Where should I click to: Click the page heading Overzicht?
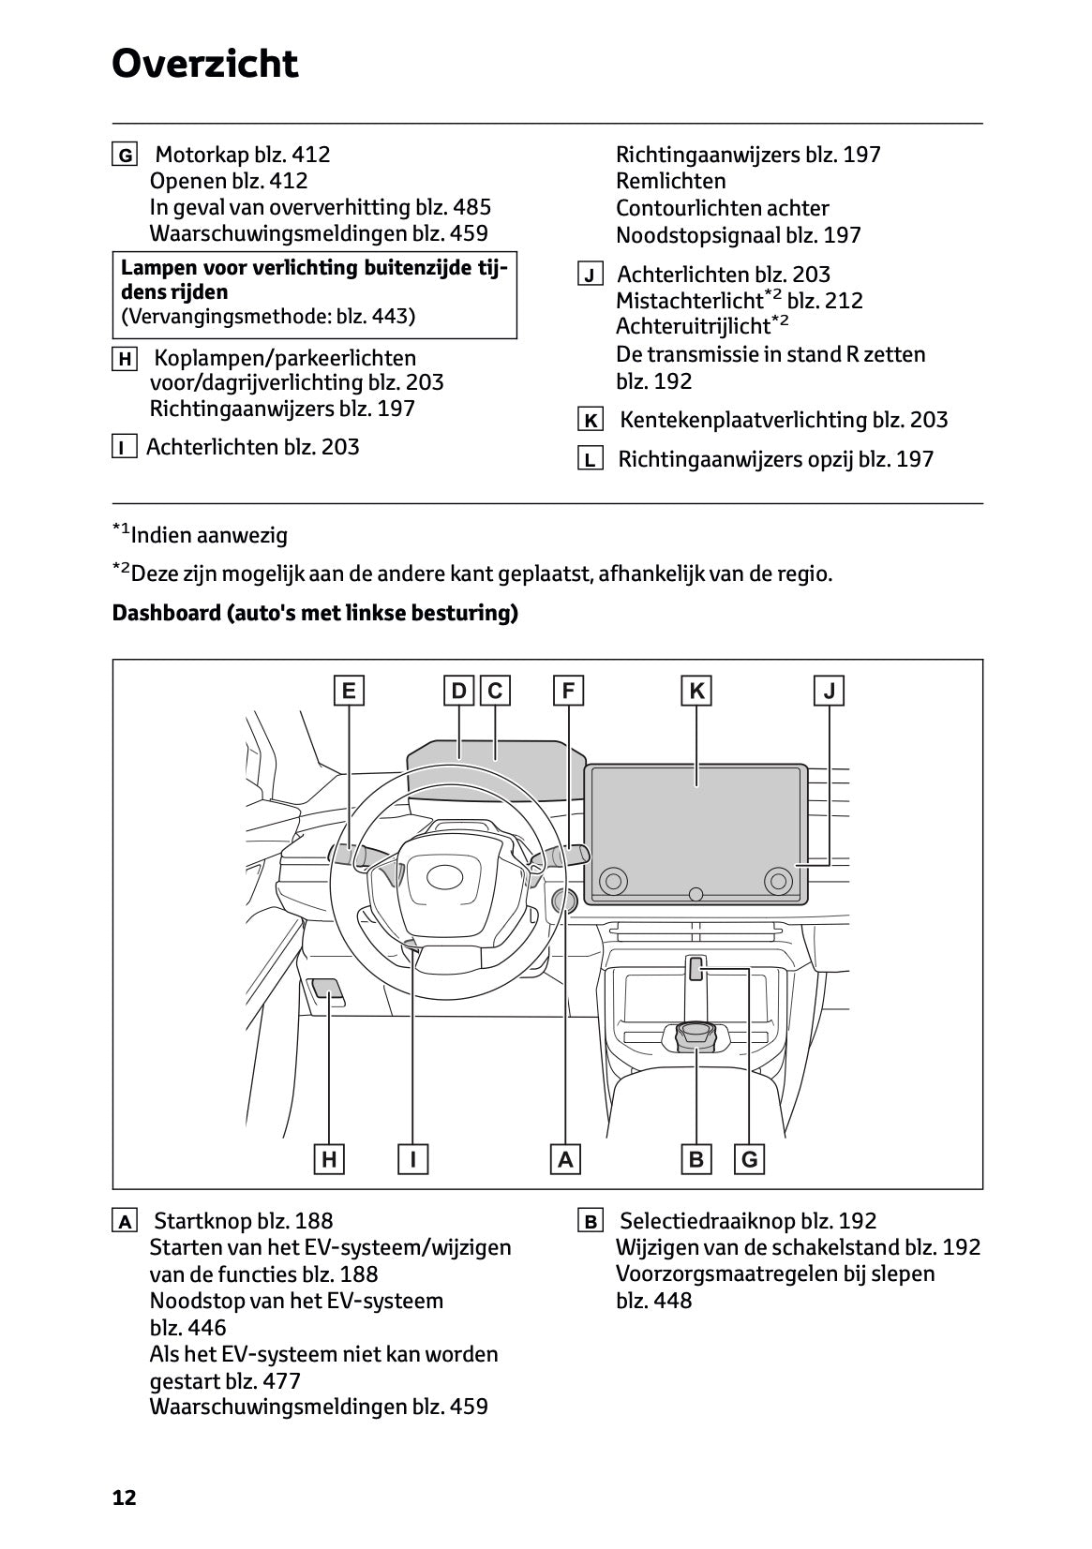[204, 65]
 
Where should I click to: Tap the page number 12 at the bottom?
[124, 1497]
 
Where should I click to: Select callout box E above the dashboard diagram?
[349, 692]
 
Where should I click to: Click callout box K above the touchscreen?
[696, 692]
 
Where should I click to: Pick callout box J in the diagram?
[830, 692]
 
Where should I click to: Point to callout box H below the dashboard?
[329, 1159]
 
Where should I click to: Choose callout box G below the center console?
[749, 1159]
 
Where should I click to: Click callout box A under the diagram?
[565, 1159]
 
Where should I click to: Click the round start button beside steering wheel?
[565, 901]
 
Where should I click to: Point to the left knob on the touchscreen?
[613, 880]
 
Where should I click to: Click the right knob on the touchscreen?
[777, 880]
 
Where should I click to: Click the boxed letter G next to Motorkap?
[124, 155]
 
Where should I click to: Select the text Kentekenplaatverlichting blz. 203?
[784, 420]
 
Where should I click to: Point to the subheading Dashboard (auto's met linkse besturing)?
[315, 614]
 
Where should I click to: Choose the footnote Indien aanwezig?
[208, 536]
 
